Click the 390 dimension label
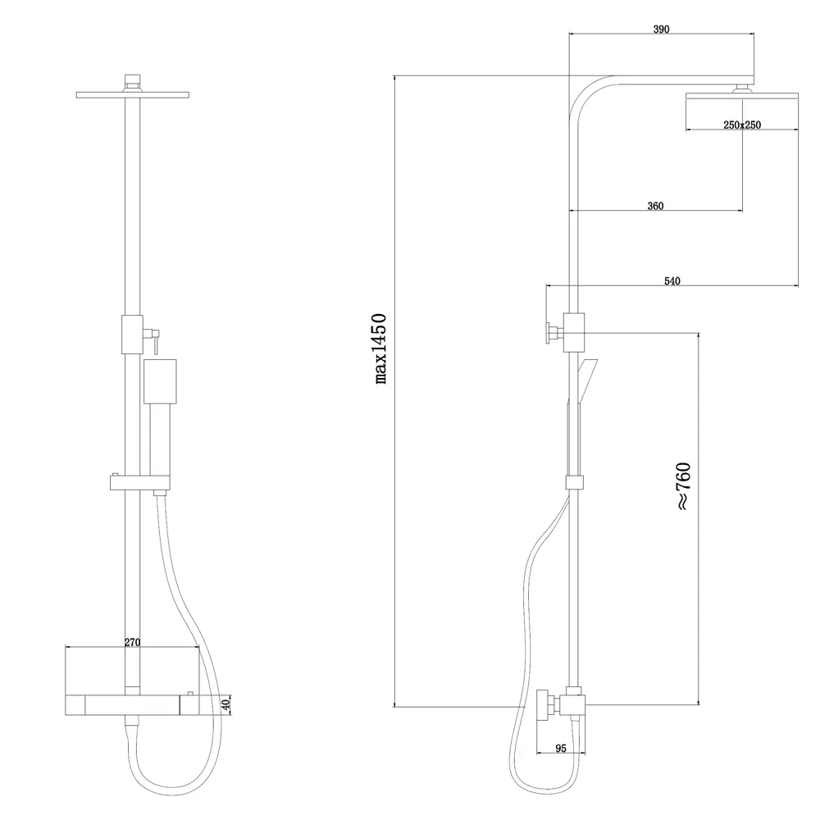[x=661, y=30]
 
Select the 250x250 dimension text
[x=741, y=125]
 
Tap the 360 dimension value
[x=655, y=206]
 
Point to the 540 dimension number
[x=672, y=281]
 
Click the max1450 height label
[x=380, y=348]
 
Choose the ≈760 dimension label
[x=684, y=486]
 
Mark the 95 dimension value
[x=561, y=749]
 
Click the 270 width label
[x=132, y=642]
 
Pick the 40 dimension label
[x=226, y=704]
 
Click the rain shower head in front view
[x=132, y=94]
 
